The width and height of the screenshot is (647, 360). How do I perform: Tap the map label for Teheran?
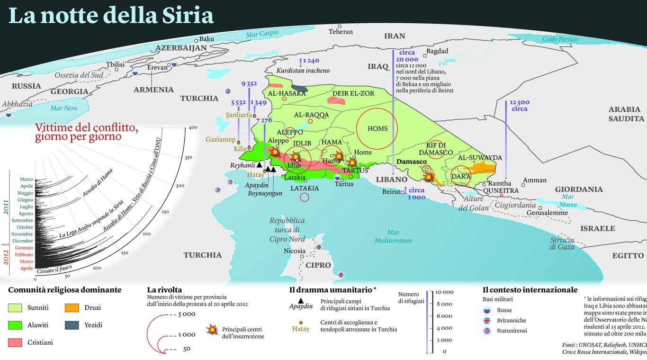[341, 32]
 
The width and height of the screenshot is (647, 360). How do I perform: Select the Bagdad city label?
[437, 51]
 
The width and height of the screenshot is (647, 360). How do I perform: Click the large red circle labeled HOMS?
[377, 128]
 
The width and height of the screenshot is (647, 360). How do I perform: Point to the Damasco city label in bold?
[411, 162]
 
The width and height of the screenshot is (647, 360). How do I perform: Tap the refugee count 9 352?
[249, 84]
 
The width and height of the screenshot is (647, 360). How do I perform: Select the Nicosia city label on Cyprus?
[295, 251]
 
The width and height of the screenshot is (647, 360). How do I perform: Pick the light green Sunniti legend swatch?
[15, 308]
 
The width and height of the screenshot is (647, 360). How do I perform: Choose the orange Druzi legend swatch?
[72, 308]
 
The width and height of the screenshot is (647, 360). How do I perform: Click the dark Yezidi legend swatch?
[72, 325]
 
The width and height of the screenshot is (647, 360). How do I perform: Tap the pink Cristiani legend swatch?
[15, 342]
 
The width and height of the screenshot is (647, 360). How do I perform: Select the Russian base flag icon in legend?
[486, 311]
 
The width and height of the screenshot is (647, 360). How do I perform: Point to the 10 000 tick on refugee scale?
[444, 292]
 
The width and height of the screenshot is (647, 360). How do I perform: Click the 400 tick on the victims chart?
[193, 128]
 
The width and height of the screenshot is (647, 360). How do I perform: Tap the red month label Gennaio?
[24, 248]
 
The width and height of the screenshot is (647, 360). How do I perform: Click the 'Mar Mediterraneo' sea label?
[393, 236]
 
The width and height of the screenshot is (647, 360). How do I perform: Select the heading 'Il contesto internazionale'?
[530, 290]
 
